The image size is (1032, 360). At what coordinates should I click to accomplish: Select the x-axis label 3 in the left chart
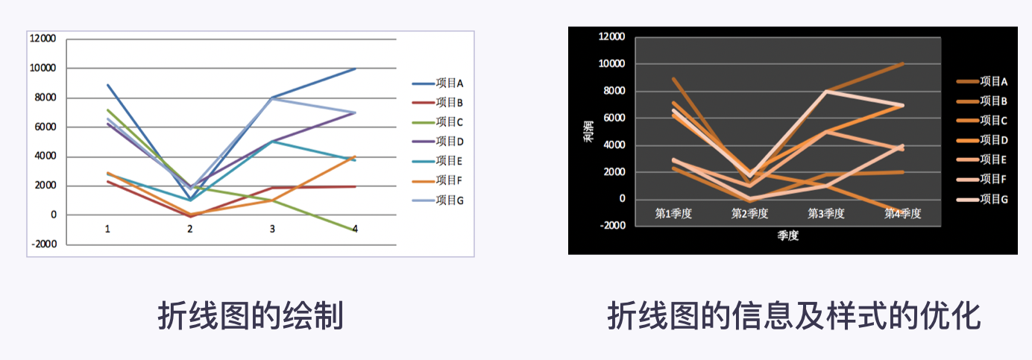[x=272, y=230]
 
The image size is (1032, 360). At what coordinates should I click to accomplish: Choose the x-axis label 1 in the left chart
[x=107, y=230]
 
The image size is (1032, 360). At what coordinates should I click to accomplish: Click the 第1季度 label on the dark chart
[x=673, y=214]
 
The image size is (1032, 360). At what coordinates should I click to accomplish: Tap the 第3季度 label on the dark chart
[x=826, y=214]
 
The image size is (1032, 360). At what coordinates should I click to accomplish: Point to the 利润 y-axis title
[x=589, y=132]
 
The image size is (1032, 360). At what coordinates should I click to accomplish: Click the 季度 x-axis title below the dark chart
[x=787, y=236]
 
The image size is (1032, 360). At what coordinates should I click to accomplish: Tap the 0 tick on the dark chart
[x=620, y=199]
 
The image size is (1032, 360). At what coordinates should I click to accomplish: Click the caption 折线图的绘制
[x=251, y=317]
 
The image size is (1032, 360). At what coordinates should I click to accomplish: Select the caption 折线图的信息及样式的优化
[x=793, y=317]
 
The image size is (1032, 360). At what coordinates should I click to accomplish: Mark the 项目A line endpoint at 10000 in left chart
[x=355, y=69]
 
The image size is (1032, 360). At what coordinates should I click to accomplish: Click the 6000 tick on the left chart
[x=44, y=127]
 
